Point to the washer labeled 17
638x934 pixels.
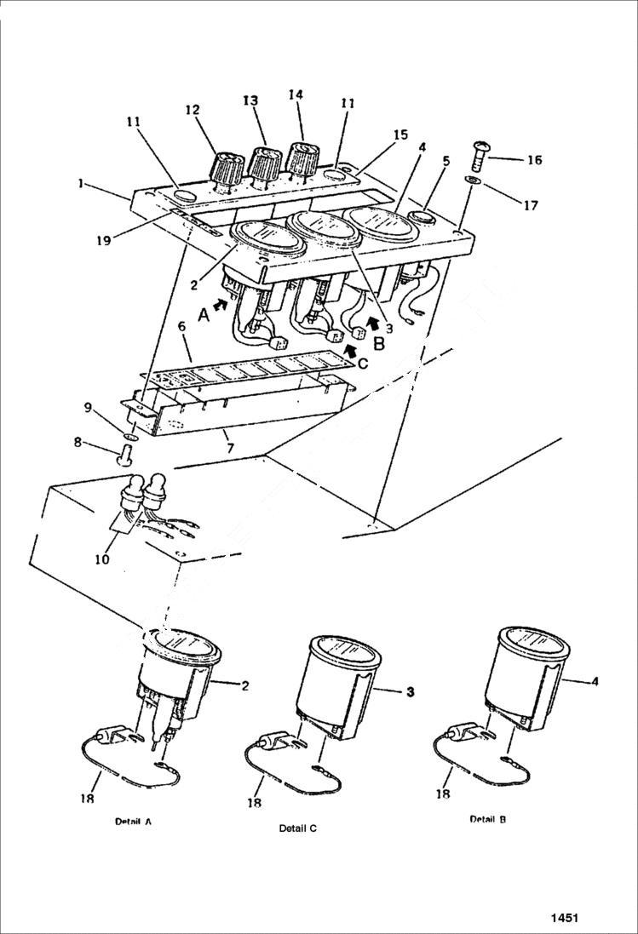[x=473, y=181]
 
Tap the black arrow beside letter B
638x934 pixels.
[x=371, y=323]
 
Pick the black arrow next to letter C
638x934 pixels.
[x=350, y=348]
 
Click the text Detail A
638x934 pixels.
[x=133, y=822]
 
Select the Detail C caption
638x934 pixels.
[x=297, y=828]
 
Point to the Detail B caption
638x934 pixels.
[x=488, y=818]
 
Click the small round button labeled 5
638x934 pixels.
[x=422, y=218]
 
